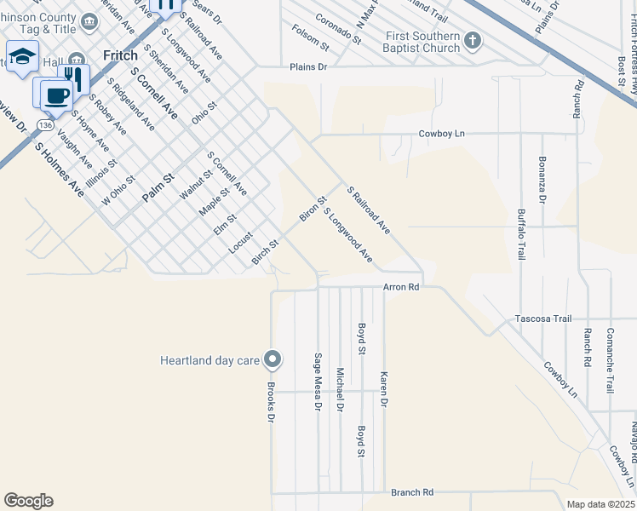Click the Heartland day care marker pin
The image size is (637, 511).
tap(273, 360)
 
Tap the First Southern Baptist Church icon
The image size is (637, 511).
tap(473, 40)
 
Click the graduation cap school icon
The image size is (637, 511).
tap(21, 57)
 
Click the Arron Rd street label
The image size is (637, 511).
tap(401, 288)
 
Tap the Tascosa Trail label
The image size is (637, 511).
tap(542, 319)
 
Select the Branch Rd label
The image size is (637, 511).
tap(412, 492)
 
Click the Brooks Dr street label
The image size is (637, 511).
tap(271, 402)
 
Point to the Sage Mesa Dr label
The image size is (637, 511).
tap(318, 382)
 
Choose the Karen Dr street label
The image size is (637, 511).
tap(384, 388)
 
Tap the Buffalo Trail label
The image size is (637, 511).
tap(521, 235)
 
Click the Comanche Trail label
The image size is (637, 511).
tap(610, 360)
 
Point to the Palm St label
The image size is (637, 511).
tap(158, 187)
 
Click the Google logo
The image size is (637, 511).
tap(28, 501)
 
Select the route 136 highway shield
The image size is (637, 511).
tap(45, 125)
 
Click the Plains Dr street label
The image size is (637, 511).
tap(307, 66)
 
